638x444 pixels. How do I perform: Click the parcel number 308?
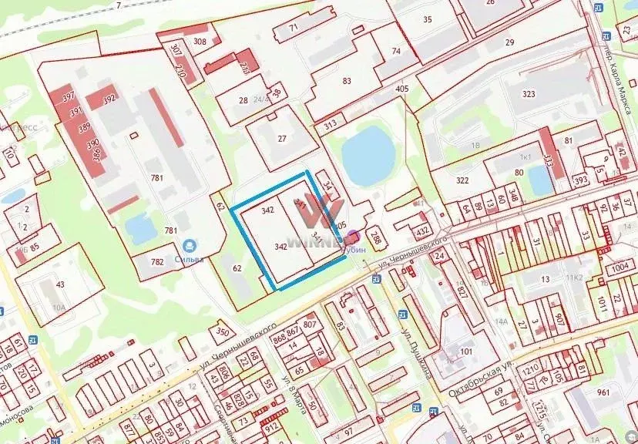point(200,41)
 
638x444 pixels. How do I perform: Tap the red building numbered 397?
point(68,97)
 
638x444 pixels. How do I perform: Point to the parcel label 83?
point(346,81)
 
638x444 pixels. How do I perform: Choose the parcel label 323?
point(528,93)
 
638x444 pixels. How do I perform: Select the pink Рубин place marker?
point(353,237)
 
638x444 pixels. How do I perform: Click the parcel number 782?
point(157,262)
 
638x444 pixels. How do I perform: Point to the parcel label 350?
point(222,331)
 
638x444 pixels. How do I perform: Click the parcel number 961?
point(624,392)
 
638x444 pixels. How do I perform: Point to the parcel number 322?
point(462,180)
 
